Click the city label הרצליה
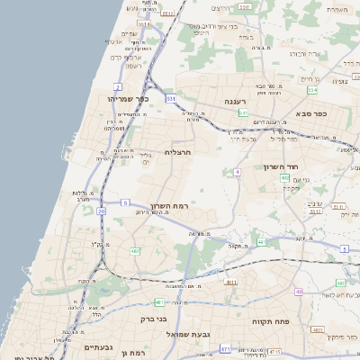point(183,154)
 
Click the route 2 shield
point(117,86)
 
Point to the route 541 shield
point(243,113)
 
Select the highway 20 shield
point(102,211)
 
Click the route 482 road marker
point(134,251)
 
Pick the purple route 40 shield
point(299,292)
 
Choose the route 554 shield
point(311,90)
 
